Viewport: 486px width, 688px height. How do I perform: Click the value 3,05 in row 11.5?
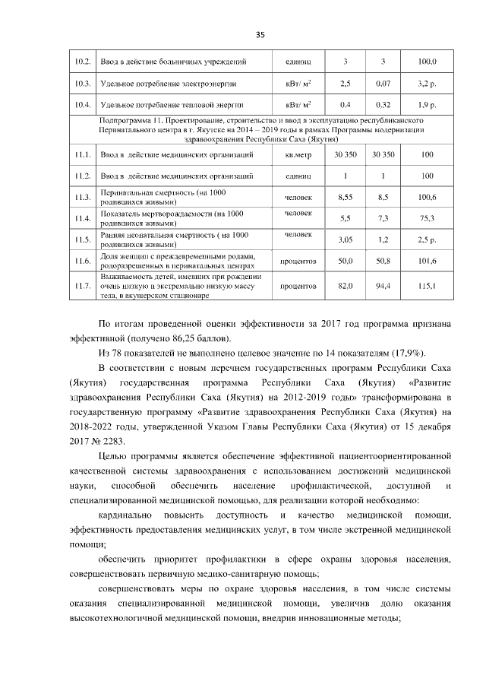coord(346,240)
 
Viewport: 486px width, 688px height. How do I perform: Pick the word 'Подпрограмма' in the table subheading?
coord(128,121)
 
